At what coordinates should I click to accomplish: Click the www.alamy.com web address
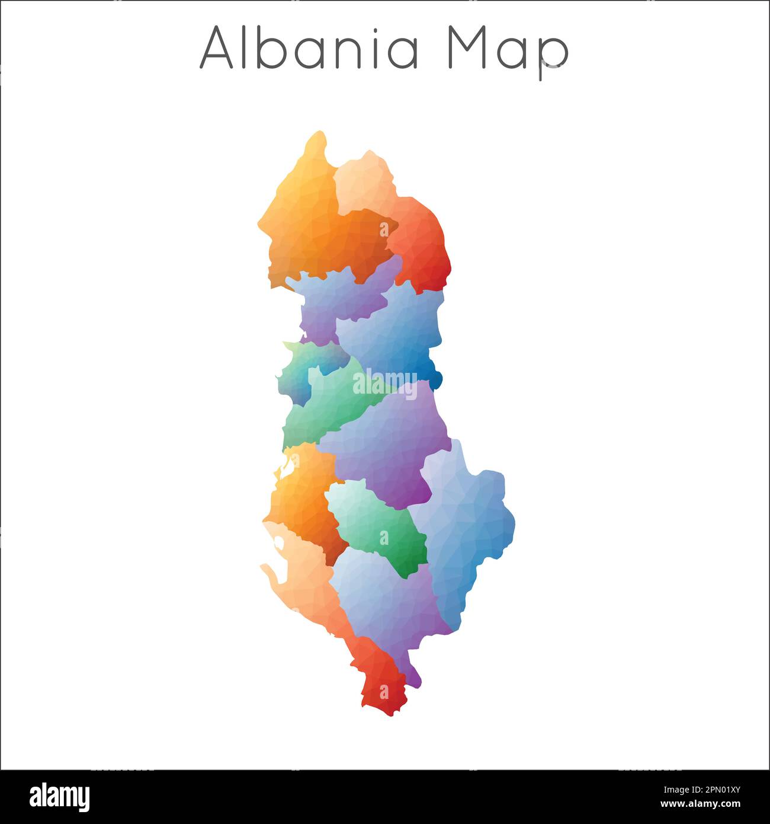point(702,804)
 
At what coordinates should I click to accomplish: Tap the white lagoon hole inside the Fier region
point(287,465)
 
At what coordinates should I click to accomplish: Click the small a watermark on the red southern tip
point(384,692)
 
